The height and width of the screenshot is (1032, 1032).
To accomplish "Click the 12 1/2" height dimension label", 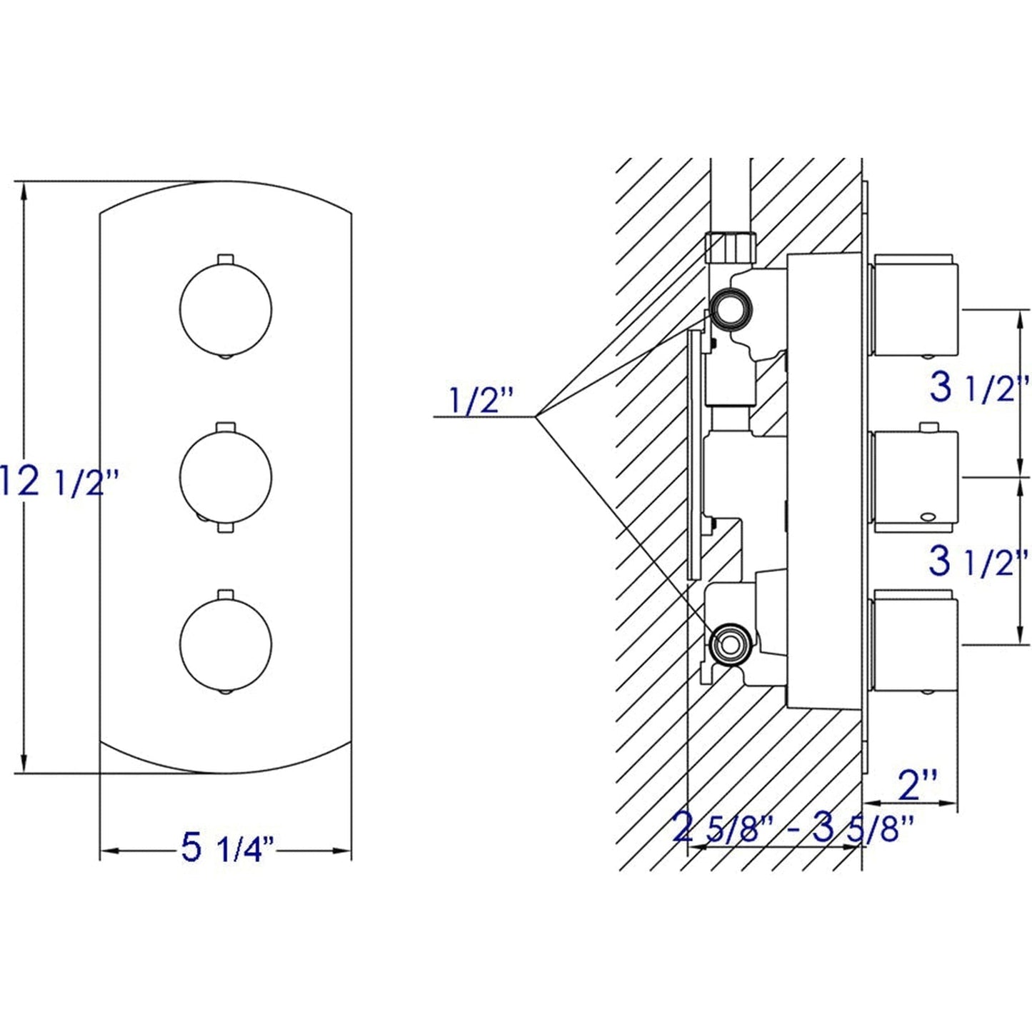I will coord(57,481).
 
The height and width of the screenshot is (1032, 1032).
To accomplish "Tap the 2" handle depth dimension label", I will coord(916,786).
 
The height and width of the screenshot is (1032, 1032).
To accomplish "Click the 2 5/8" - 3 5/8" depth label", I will coord(793,830).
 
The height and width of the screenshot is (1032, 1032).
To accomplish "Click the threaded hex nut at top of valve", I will coord(730,247).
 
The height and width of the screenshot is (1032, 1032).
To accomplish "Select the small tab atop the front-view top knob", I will coord(225,258).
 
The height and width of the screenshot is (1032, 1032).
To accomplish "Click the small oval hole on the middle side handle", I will coord(928,516).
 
